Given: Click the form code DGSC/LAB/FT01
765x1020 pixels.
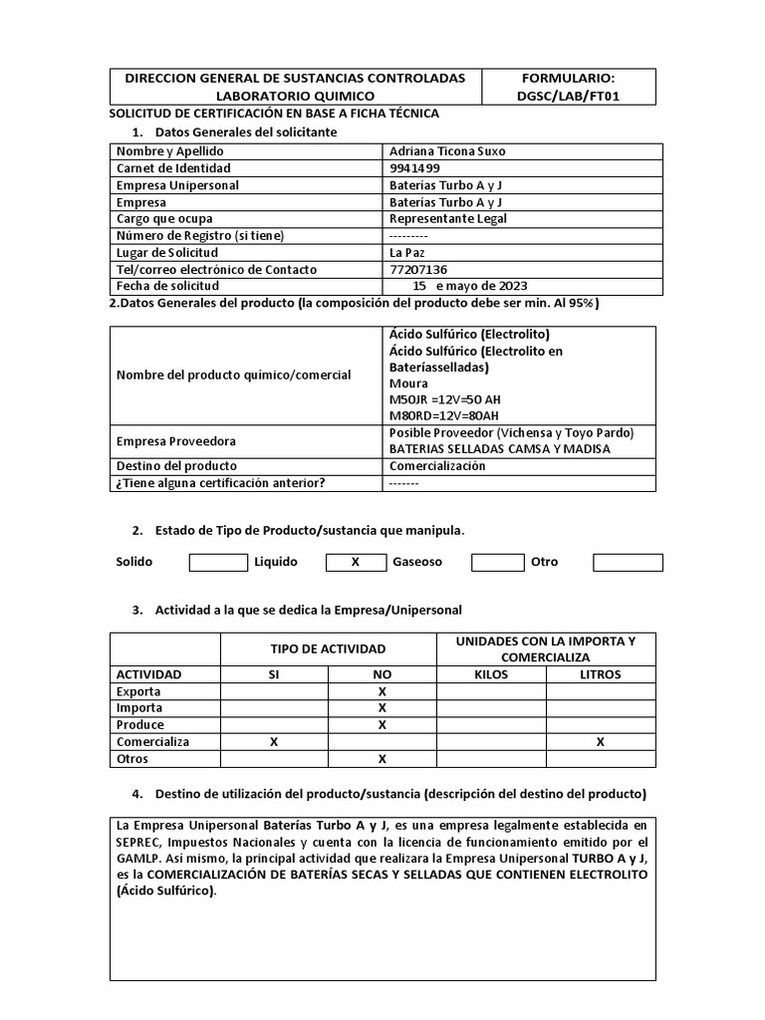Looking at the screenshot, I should coord(568,96).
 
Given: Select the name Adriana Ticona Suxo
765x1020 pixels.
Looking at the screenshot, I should coord(447,151).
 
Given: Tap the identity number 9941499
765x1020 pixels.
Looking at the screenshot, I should coord(414,168).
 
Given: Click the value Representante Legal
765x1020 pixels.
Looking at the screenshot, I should coord(447,218).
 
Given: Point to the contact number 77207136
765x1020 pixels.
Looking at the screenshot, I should coord(418,269).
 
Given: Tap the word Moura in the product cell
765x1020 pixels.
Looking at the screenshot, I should coord(408,383).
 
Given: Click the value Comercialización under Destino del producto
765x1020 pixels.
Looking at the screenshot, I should coord(437,465).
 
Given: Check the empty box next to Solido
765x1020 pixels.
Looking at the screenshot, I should coord(218,562).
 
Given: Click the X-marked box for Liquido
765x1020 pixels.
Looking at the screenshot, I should coord(356,562).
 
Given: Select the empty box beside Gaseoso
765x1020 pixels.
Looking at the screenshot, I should coord(497,562).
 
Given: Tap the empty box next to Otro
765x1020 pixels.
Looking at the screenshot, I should coord(627,562).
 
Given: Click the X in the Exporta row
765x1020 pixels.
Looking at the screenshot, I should coord(382,691).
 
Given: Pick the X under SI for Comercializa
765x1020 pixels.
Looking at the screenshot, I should coord(274,742).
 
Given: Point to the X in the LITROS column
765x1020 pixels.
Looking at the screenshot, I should coord(600,742).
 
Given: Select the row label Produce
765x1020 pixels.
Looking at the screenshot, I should coord(140,725).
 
